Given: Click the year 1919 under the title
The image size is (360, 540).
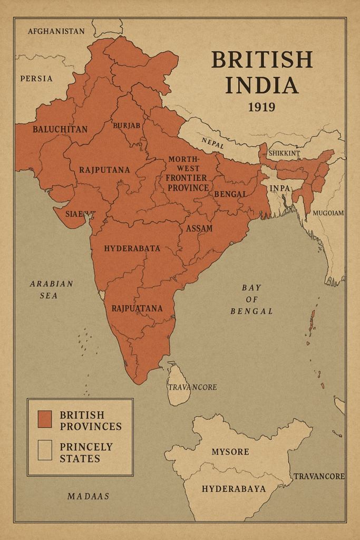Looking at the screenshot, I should [261, 108].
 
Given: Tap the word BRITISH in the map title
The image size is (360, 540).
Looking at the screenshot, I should [262, 60].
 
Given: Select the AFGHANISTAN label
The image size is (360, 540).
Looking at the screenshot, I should [56, 31].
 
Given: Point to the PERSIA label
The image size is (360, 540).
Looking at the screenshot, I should [36, 79].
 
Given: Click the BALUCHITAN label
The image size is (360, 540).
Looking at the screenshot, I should [60, 129].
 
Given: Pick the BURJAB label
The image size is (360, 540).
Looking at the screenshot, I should [127, 126].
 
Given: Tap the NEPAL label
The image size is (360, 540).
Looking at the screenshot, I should [213, 142].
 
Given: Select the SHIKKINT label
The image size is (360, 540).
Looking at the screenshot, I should [284, 153].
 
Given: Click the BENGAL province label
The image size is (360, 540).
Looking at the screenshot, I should [230, 194].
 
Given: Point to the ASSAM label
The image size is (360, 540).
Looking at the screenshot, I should [199, 228].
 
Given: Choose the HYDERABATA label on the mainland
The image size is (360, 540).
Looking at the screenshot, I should [132, 248].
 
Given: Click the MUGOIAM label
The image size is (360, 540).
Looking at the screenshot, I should [328, 214].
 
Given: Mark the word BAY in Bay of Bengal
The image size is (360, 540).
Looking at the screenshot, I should [251, 288].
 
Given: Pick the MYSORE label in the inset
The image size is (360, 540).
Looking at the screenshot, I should [230, 452].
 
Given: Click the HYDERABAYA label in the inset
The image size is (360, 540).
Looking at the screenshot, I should [233, 489].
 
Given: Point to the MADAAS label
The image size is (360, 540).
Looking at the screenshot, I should [89, 496].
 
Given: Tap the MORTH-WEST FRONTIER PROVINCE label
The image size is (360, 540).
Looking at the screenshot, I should [187, 173].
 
